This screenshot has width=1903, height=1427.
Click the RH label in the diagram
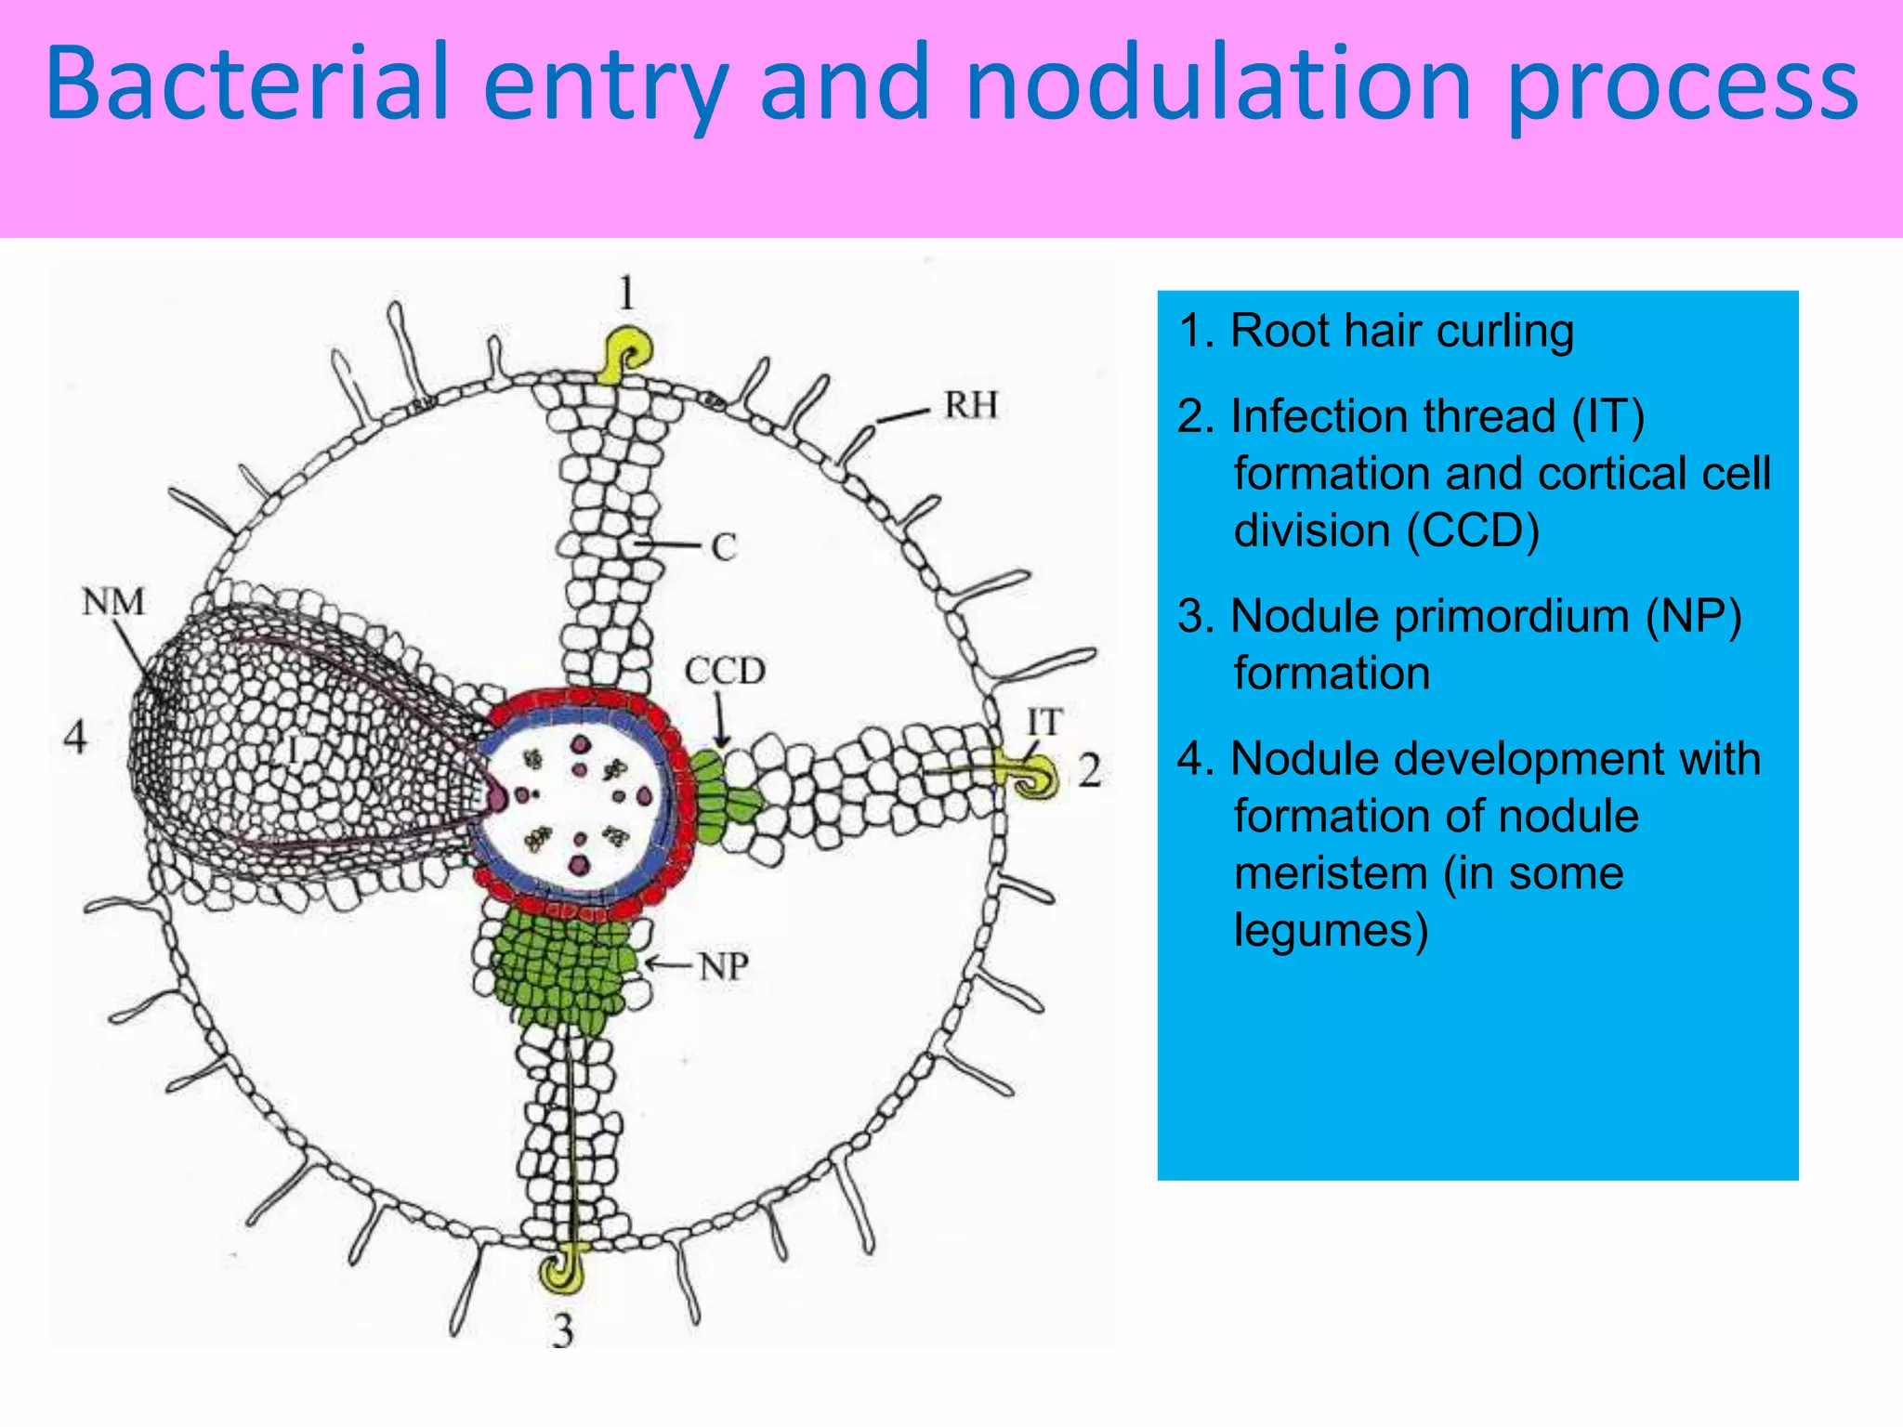pos(971,405)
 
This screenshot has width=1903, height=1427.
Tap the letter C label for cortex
pos(723,547)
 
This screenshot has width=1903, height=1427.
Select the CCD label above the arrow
pos(725,670)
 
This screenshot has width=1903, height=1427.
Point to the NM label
pos(112,602)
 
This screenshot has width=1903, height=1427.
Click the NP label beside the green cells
pos(724,967)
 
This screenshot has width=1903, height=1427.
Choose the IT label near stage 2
pos(1044,722)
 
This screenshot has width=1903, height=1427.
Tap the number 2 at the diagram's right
pos(1089,770)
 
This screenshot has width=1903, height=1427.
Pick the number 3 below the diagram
pos(562,1330)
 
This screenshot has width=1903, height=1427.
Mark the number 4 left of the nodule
pos(75,737)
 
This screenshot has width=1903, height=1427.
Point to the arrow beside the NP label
pos(667,965)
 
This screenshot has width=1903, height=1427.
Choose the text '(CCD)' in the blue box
pos(1473,530)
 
